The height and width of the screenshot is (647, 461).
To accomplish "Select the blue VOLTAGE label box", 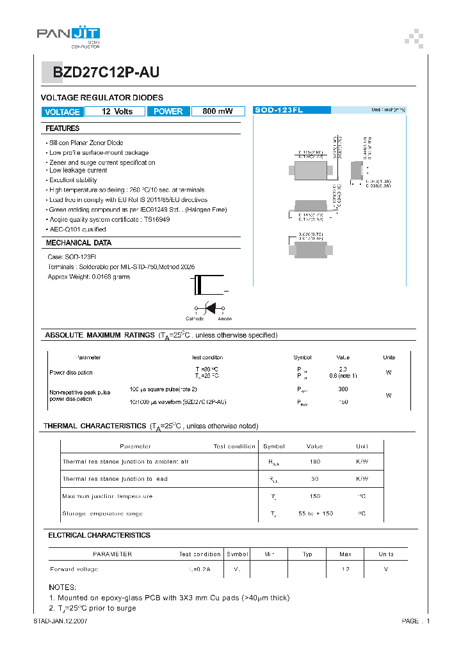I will pyautogui.click(x=62, y=112).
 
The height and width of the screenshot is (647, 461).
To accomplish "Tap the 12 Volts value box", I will pyautogui.click(x=117, y=112).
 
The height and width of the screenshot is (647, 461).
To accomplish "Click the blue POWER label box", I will pyautogui.click(x=168, y=112).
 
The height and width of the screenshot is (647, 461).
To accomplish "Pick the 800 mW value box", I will pyautogui.click(x=218, y=112).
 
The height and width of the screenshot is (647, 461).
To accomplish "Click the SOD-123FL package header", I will pyautogui.click(x=279, y=111).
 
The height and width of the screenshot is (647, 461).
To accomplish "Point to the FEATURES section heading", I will pyautogui.click(x=63, y=129).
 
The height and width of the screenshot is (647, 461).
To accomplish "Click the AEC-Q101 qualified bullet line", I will pyautogui.click(x=77, y=229).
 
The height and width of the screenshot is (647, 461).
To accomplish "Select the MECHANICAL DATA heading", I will pyautogui.click(x=79, y=243).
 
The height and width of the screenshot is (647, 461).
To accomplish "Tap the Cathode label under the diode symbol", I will pyautogui.click(x=195, y=318).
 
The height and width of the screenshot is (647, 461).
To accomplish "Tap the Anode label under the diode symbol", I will pyautogui.click(x=225, y=318).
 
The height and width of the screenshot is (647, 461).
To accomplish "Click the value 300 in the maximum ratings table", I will pyautogui.click(x=343, y=389).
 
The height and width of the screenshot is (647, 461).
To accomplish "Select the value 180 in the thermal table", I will pyautogui.click(x=314, y=462).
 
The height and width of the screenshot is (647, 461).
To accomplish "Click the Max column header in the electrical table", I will pyautogui.click(x=345, y=554).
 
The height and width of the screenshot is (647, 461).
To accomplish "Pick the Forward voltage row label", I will pyautogui.click(x=74, y=569).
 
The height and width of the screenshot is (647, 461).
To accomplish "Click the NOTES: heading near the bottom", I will pyautogui.click(x=62, y=587).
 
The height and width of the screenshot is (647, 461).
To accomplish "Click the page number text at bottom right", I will pyautogui.click(x=416, y=621).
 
